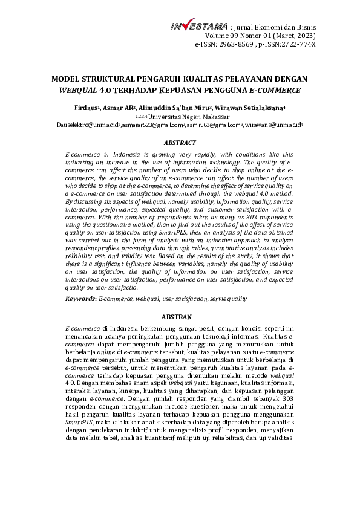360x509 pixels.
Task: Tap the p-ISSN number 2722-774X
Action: click(296, 45)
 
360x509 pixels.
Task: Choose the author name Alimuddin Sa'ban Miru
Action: click(175, 108)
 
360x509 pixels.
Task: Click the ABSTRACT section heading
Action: click(180, 143)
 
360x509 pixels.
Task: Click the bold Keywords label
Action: click(80, 299)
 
